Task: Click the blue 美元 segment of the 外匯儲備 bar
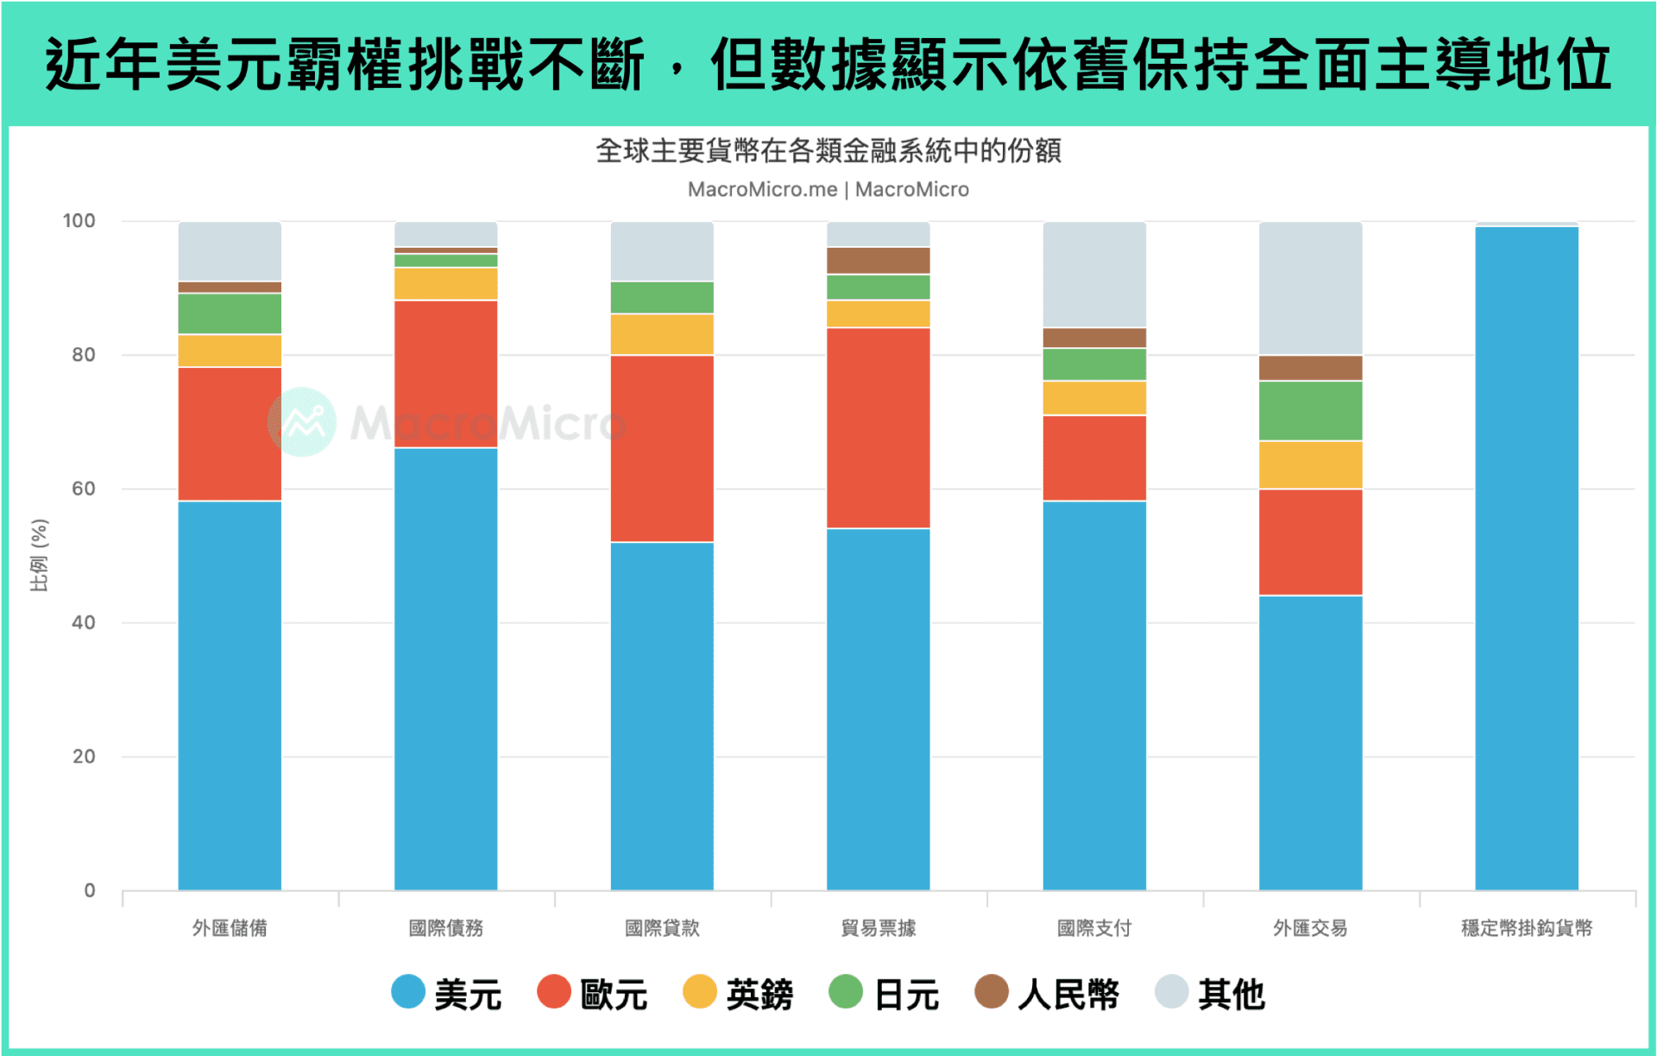pos(230,695)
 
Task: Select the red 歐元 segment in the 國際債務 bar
pos(445,373)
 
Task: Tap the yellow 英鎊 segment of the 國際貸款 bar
pos(662,334)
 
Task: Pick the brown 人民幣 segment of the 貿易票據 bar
pos(878,261)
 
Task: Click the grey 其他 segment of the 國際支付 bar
pos(1094,274)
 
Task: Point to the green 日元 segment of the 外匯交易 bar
pos(1310,411)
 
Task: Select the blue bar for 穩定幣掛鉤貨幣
pos(1526,558)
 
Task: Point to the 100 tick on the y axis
pos(79,221)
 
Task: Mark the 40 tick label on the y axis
pos(83,623)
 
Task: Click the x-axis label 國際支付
pos(1094,928)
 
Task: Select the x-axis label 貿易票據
pos(878,928)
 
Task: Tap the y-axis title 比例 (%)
pos(40,555)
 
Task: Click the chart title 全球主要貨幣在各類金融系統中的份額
pos(828,151)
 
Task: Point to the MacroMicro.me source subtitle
pos(762,190)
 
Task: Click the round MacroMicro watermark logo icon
pos(302,422)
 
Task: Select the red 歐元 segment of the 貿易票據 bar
pos(878,427)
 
